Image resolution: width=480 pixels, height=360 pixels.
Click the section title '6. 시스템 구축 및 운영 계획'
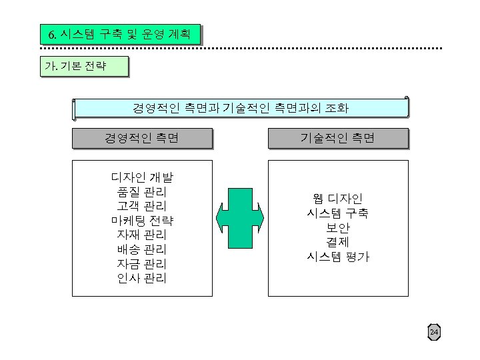[120, 34]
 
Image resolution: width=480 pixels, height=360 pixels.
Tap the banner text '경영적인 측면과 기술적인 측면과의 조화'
[240, 107]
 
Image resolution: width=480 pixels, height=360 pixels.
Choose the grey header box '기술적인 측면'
[337, 138]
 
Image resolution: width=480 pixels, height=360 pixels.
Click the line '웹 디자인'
[337, 199]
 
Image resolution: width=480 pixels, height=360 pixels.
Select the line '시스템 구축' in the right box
[337, 213]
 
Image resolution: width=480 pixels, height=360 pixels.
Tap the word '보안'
[337, 227]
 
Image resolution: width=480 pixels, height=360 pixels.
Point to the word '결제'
[337, 242]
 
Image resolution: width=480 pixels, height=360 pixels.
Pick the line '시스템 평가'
[337, 257]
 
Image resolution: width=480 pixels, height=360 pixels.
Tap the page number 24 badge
[434, 332]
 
